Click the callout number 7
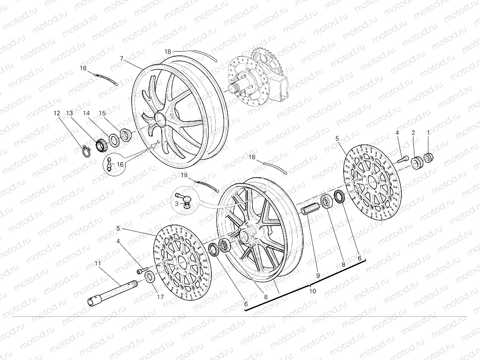121,59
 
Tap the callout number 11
97,263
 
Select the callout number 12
57,113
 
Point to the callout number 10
313,291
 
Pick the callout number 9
317,276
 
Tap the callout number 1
427,133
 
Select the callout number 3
177,203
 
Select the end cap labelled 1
428,156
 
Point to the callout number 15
102,113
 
